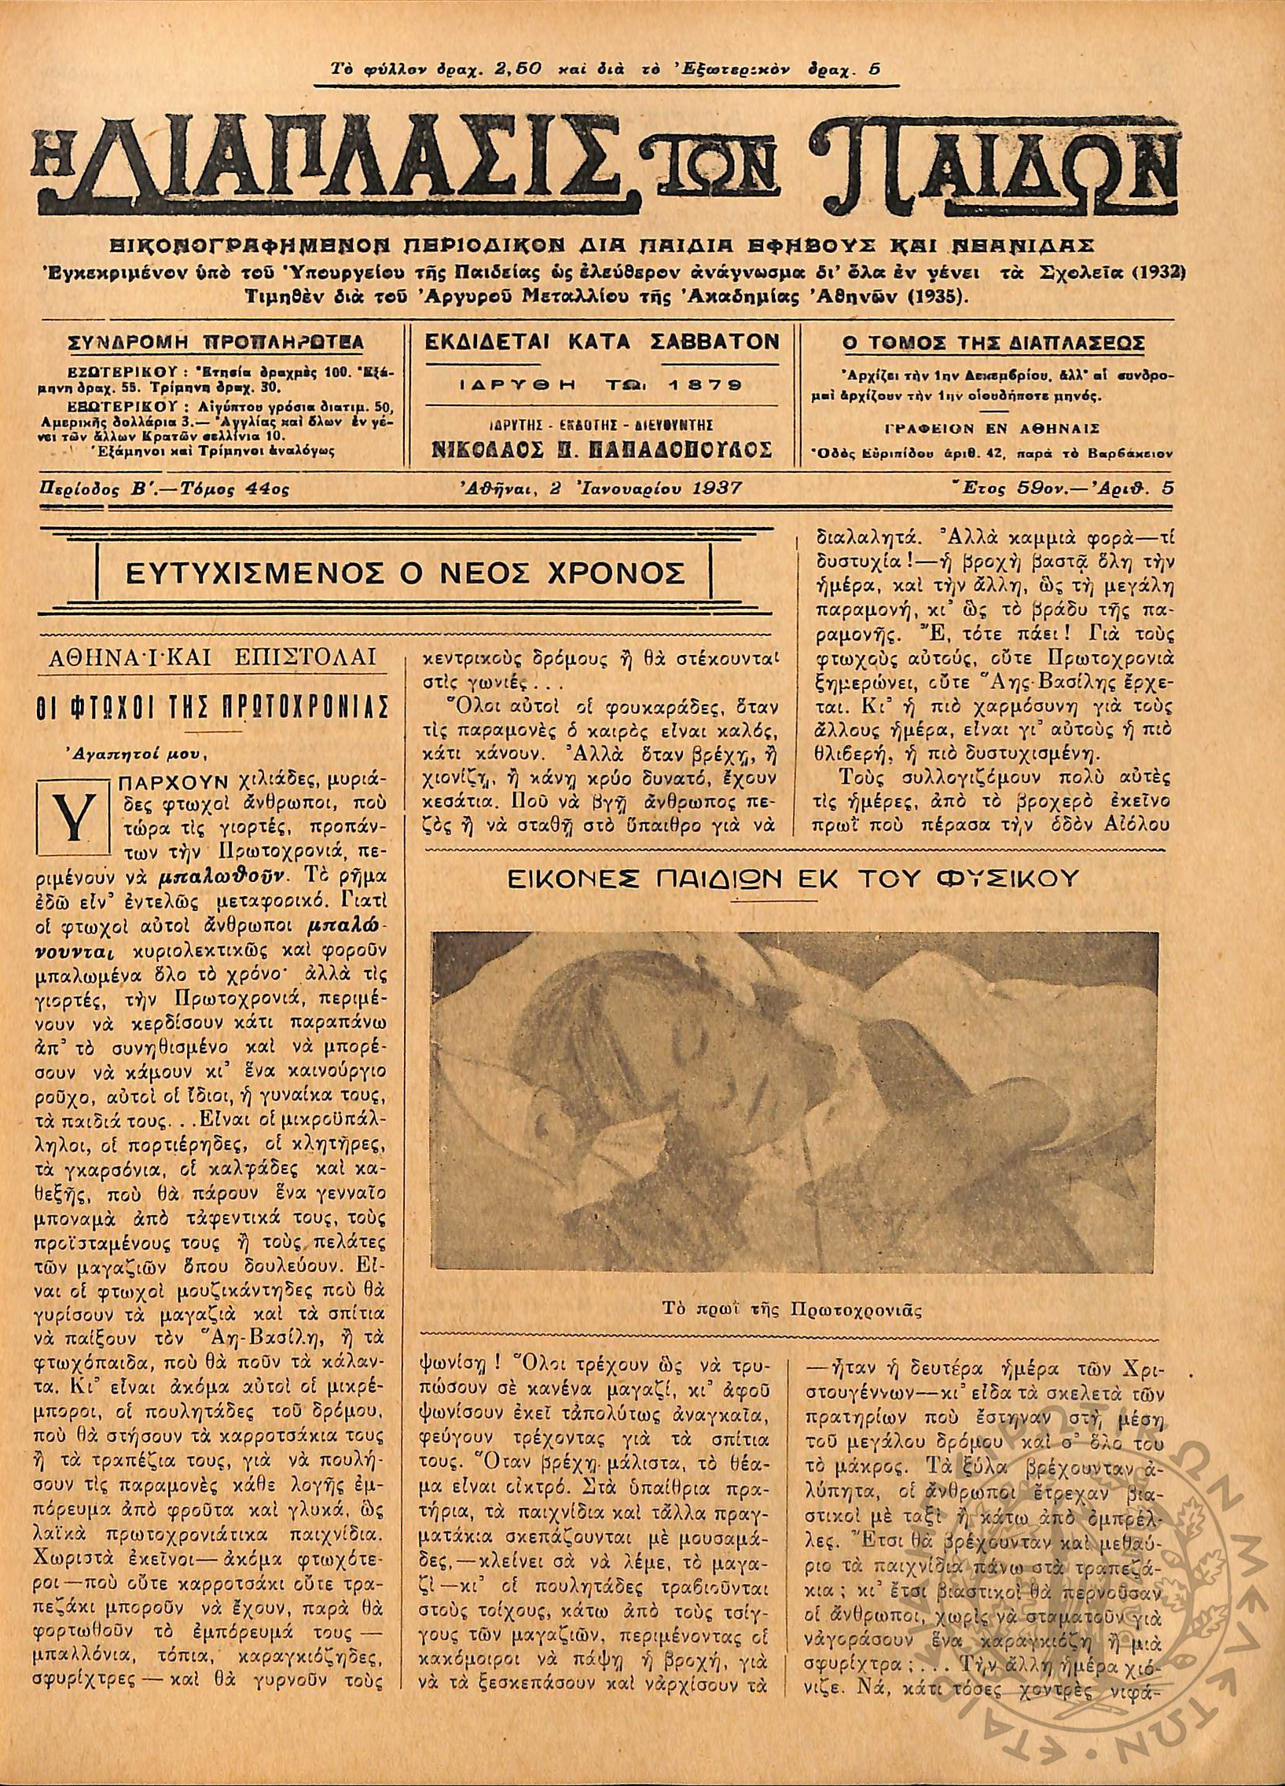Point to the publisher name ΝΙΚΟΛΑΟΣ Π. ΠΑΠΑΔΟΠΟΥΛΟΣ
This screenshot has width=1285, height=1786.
(x=601, y=450)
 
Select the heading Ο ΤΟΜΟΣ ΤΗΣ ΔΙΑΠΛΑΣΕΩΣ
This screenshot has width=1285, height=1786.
(x=993, y=343)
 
